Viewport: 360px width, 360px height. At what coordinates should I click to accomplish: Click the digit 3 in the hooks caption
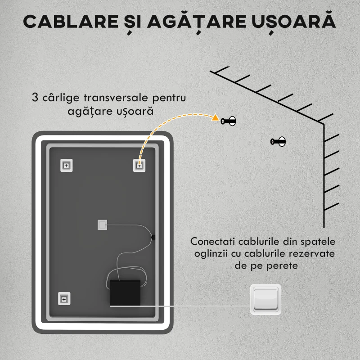tap(35, 98)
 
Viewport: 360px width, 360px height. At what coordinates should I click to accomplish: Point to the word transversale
tap(117, 98)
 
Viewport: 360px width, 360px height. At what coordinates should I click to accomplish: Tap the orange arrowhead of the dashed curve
tap(216, 119)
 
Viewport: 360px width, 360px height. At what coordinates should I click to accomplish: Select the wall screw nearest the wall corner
tap(278, 142)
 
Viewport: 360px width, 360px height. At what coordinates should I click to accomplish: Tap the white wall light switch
tap(266, 298)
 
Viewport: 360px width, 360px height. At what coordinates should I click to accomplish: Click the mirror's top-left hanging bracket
tap(66, 165)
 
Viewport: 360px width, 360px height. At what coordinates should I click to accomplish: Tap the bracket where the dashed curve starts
tap(139, 165)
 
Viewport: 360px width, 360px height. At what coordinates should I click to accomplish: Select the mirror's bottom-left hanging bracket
tap(64, 298)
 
